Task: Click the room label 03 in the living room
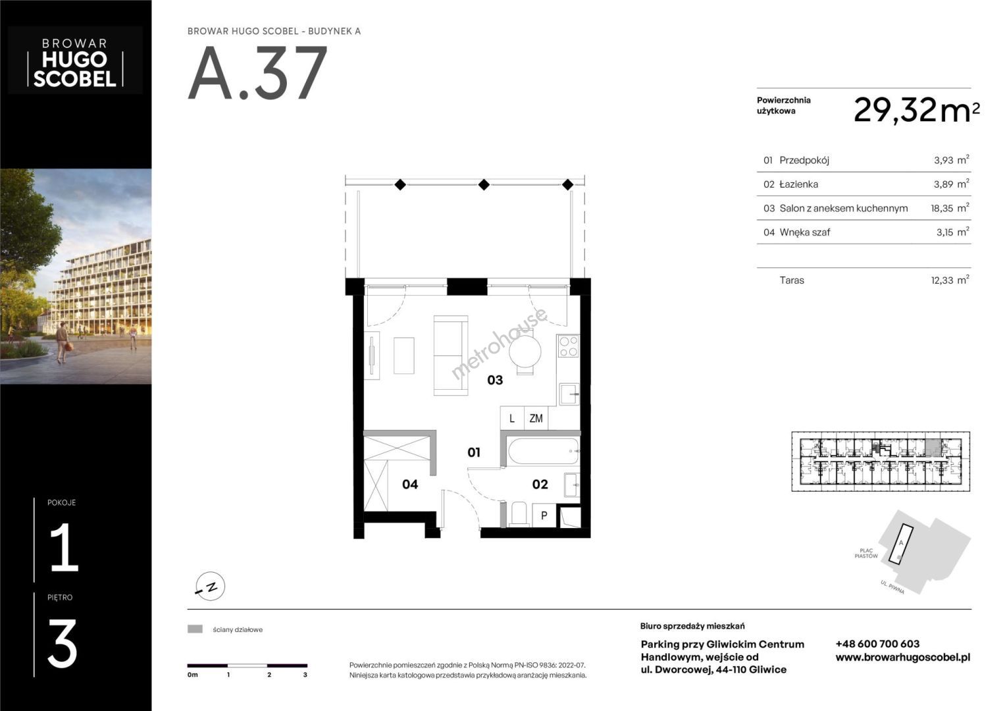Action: pos(495,381)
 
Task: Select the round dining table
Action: pos(525,351)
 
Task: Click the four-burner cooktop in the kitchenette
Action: pos(569,346)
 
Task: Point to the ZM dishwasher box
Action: pos(536,418)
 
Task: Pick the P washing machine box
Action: pos(544,515)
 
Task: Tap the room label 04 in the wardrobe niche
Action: pos(409,485)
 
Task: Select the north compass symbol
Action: pos(211,586)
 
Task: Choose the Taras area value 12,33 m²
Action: pos(950,280)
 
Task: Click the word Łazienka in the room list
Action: pos(798,184)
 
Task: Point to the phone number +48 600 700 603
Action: pos(877,644)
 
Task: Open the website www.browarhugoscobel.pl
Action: pos(903,658)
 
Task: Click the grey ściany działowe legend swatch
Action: pos(195,629)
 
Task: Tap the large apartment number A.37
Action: pos(257,72)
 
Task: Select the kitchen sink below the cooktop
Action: pos(569,394)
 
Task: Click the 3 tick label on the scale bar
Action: pos(305,675)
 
